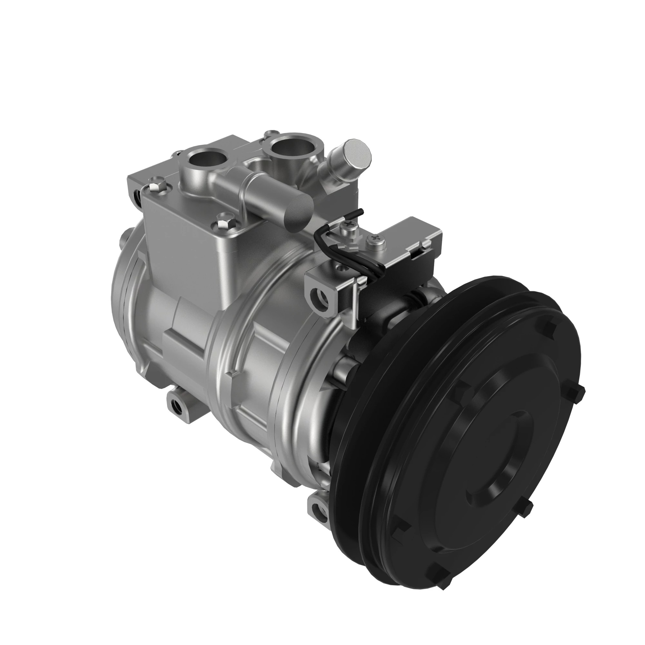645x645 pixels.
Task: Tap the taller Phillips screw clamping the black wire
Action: tap(348, 226)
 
